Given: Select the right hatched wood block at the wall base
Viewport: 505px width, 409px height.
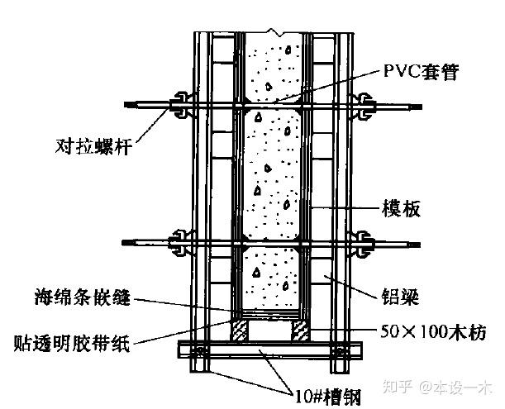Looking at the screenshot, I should coord(301,331).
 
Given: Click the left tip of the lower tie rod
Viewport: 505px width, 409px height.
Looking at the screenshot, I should coord(124,242).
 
